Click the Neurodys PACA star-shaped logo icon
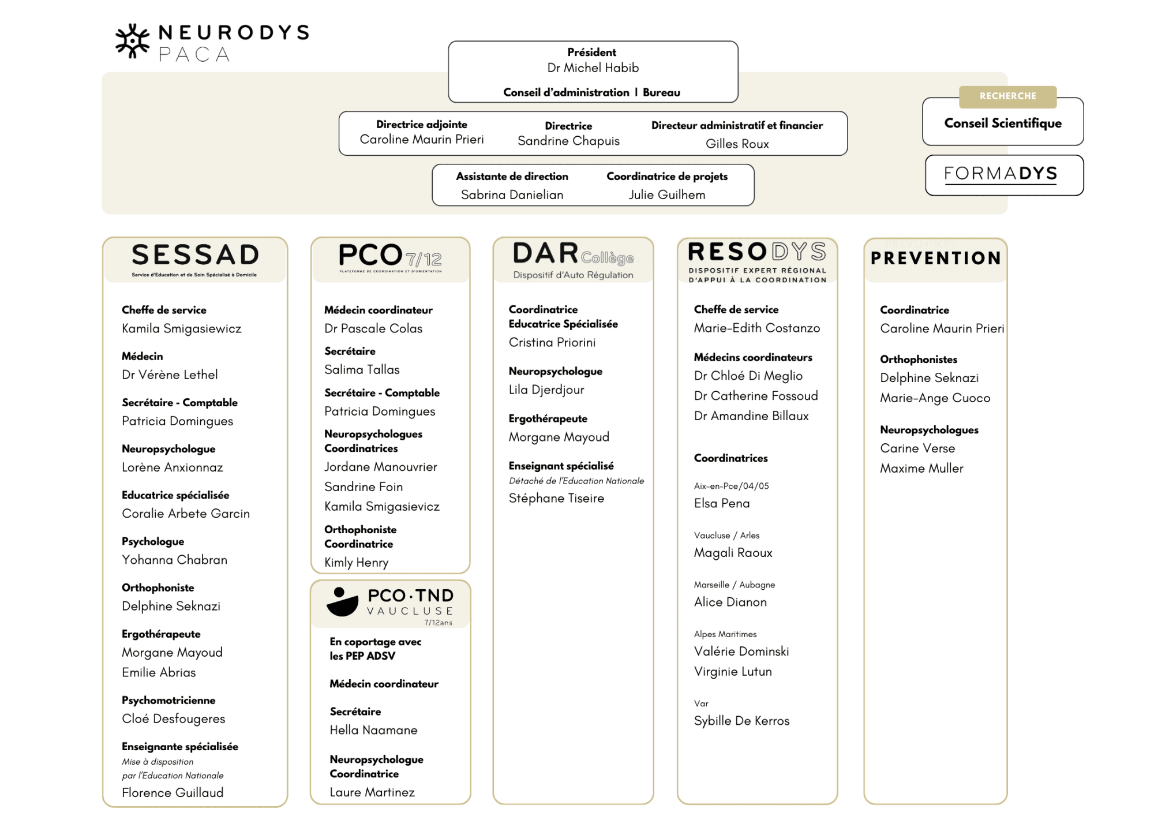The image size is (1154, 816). (133, 41)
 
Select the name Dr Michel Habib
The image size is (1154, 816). (593, 68)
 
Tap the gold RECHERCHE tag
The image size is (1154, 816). (1007, 96)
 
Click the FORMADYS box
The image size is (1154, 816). (1003, 174)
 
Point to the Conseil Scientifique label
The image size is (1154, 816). (1003, 123)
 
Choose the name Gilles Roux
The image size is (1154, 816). (737, 144)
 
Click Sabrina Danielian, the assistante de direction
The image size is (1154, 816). (512, 195)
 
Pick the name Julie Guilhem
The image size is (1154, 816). (666, 195)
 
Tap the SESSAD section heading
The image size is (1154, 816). (195, 256)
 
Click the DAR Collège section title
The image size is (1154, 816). (573, 254)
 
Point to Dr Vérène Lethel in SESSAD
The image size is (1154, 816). (170, 375)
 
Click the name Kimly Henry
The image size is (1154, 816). (356, 563)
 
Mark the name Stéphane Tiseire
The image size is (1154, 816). (556, 499)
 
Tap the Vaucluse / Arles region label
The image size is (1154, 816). (726, 536)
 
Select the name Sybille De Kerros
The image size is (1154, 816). (741, 721)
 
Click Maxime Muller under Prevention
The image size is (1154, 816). (921, 469)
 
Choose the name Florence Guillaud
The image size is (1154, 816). (173, 793)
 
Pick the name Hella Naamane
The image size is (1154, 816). (373, 730)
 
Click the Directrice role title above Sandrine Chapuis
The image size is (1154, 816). (568, 126)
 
